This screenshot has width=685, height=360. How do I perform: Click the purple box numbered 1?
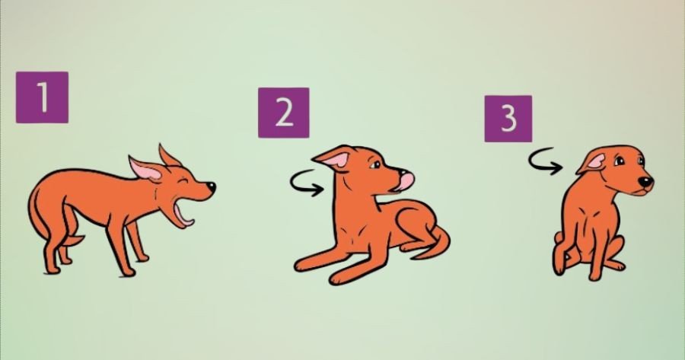(x=42, y=97)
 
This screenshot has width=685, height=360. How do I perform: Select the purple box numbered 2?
(x=284, y=113)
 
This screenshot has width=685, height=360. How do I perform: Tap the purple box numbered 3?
(x=508, y=119)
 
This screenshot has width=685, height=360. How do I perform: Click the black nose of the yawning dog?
(x=211, y=187)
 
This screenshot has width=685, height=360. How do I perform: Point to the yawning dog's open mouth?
(x=183, y=214)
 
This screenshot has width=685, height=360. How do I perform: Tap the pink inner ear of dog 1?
(x=146, y=170)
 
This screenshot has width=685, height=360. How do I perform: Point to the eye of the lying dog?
(x=376, y=164)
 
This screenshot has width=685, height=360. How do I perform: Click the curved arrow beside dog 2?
(x=306, y=183)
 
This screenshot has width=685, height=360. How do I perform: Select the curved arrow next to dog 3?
(x=544, y=161)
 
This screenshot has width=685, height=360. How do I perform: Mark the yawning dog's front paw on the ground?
(x=127, y=272)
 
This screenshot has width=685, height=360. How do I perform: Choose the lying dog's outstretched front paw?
(x=306, y=264)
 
